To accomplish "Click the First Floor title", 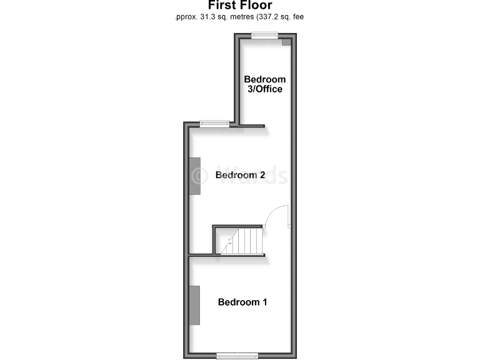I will tap(240, 6).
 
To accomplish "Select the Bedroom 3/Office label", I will tap(264, 84).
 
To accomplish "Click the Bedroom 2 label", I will tap(241, 175).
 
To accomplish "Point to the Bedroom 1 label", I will tap(242, 302).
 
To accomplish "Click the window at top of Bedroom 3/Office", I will tap(264, 36).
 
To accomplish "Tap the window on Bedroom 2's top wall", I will tap(214, 123).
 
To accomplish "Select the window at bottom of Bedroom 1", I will tap(237, 356).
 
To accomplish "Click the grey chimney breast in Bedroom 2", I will tap(195, 176).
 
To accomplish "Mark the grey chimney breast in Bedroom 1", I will tap(195, 305).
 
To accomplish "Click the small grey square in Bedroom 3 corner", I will tap(286, 42).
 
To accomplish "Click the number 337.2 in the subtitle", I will tap(262, 17).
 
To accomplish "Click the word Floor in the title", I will tap(257, 6).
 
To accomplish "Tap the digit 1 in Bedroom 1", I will tap(264, 302).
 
